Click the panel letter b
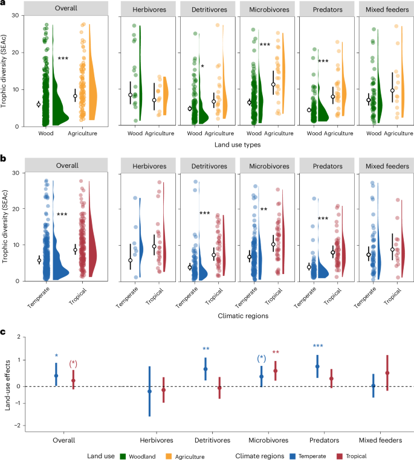point(4,159)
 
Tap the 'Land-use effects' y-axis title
point(8,382)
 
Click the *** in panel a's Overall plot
point(62,59)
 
